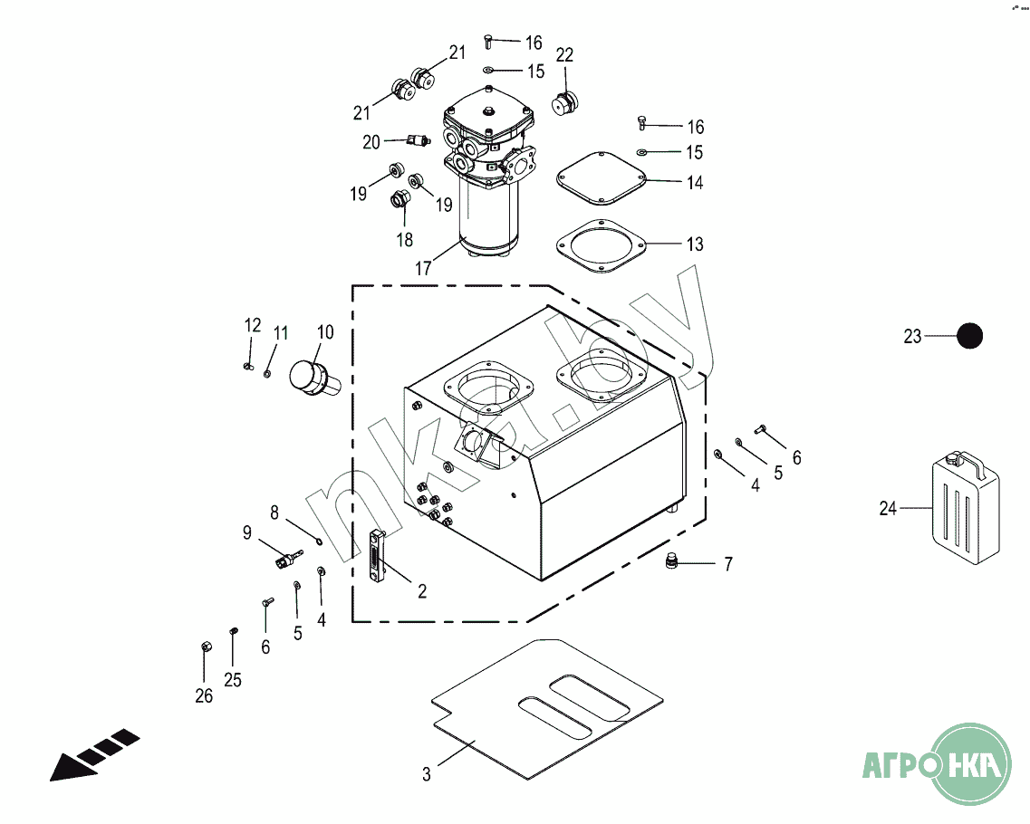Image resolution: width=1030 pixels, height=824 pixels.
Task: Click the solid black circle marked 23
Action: (x=969, y=336)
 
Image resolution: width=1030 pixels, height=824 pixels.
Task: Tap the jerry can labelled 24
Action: (x=966, y=507)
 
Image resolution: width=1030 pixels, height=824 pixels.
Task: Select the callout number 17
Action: (x=423, y=269)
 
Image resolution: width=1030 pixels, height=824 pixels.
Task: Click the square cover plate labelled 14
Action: (x=601, y=178)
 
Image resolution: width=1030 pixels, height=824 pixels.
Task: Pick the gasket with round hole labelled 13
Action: (x=601, y=245)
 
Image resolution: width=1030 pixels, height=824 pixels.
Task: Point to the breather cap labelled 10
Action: (x=314, y=378)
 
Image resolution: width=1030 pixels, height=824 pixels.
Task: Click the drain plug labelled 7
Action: (x=671, y=561)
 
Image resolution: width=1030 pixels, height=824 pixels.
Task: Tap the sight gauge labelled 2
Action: (x=376, y=555)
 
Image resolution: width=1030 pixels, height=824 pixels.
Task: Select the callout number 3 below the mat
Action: (x=427, y=775)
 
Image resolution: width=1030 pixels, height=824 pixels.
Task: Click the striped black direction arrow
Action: (x=94, y=755)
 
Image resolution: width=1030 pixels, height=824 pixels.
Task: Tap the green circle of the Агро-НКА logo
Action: (x=971, y=763)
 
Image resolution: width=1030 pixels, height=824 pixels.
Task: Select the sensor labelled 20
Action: (x=417, y=139)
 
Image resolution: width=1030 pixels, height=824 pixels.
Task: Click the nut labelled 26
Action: (x=206, y=647)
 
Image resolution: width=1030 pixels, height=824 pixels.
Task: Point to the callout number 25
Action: (x=233, y=679)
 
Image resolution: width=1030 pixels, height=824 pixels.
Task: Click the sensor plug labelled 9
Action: (x=288, y=561)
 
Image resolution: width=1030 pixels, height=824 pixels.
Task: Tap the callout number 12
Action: (x=253, y=325)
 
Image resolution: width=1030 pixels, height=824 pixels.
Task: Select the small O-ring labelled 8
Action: (x=319, y=541)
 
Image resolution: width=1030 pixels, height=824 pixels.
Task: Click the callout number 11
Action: (x=281, y=333)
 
